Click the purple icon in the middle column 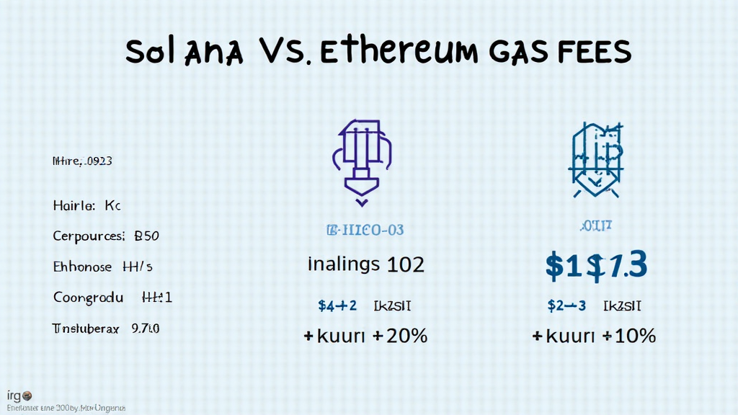pos(362,157)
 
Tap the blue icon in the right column pos(595,160)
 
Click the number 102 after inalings pos(406,264)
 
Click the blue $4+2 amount pos(337,305)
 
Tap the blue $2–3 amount pos(566,305)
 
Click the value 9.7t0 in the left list pos(145,329)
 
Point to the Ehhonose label pos(83,267)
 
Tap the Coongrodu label pos(88,297)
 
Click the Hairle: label pos(74,206)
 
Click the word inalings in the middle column pos(343,264)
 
